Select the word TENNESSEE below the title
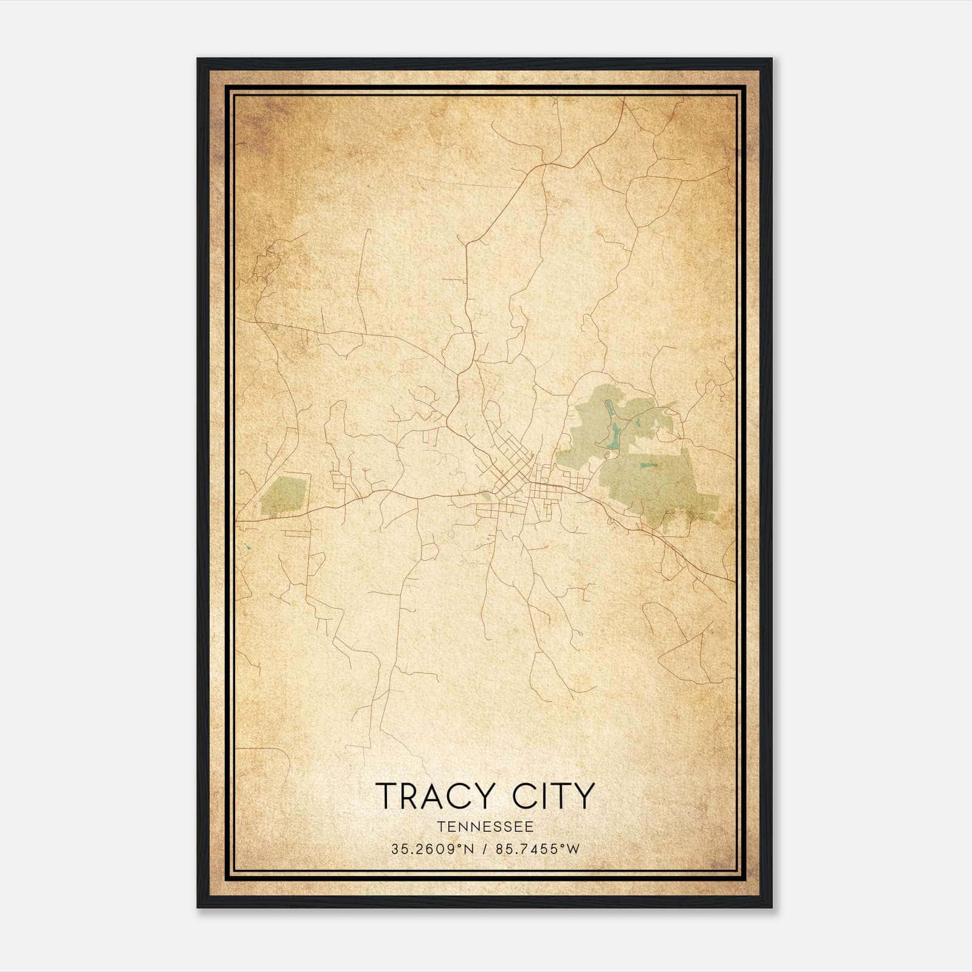485,827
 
